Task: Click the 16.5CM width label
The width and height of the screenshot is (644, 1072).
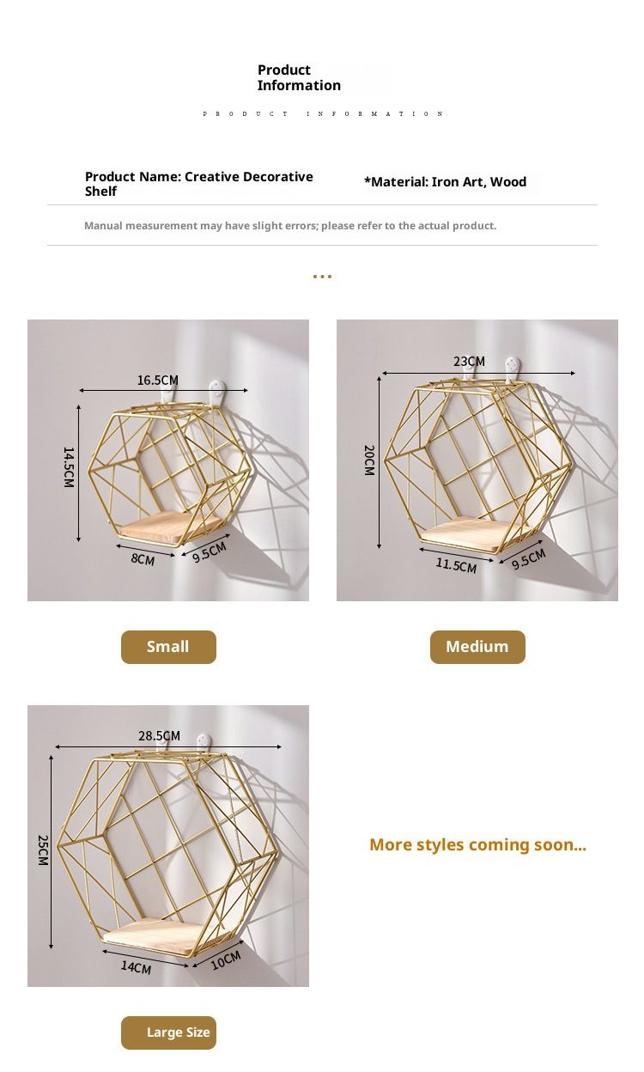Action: pyautogui.click(x=157, y=381)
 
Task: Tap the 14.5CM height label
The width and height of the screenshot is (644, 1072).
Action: pyautogui.click(x=69, y=467)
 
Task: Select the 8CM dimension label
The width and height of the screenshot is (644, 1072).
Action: pyautogui.click(x=143, y=559)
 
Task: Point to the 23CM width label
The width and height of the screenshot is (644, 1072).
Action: pyautogui.click(x=469, y=362)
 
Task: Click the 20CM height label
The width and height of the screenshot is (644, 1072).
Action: pyautogui.click(x=369, y=460)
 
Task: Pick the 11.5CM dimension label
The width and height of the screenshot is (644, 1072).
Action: pyautogui.click(x=456, y=565)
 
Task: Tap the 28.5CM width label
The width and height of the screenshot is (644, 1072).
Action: pyautogui.click(x=160, y=735)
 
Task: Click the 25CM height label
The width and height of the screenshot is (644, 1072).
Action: pyautogui.click(x=43, y=850)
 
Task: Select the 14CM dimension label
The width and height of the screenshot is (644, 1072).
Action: pyautogui.click(x=136, y=967)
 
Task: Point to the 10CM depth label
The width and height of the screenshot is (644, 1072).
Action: pyautogui.click(x=225, y=960)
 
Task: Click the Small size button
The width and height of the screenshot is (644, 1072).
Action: pyautogui.click(x=168, y=647)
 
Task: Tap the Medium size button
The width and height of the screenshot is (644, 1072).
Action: pyautogui.click(x=477, y=647)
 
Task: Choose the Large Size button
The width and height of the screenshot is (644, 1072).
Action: pyautogui.click(x=168, y=1032)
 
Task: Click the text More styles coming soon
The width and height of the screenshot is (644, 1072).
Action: pyautogui.click(x=477, y=844)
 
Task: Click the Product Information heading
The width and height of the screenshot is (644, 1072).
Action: pyautogui.click(x=299, y=77)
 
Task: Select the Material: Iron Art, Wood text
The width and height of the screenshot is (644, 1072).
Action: pyautogui.click(x=445, y=182)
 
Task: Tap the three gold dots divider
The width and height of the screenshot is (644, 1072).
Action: pyautogui.click(x=322, y=276)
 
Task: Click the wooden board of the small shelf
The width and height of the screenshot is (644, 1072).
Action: pyautogui.click(x=170, y=527)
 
